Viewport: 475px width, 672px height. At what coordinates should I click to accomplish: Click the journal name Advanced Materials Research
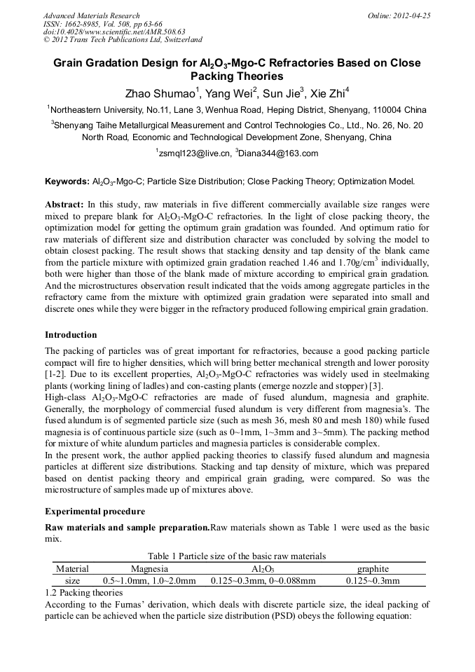pyautogui.click(x=91, y=15)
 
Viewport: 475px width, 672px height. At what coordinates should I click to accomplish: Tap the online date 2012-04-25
pyautogui.click(x=413, y=15)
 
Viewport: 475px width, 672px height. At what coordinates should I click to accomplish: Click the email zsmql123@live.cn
pyautogui.click(x=192, y=153)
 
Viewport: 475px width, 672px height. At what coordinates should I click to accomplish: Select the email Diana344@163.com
pyautogui.click(x=278, y=153)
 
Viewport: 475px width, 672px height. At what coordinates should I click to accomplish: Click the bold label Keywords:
pyautogui.click(x=67, y=181)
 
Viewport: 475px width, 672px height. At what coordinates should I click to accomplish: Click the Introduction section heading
pyautogui.click(x=71, y=335)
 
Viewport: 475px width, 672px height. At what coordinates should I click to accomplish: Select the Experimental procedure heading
pyautogui.click(x=95, y=512)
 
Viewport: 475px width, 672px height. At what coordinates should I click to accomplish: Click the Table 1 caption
pyautogui.click(x=237, y=556)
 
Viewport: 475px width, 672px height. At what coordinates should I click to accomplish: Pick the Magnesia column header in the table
pyautogui.click(x=149, y=568)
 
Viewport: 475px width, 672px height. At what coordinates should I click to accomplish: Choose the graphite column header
pyautogui.click(x=373, y=568)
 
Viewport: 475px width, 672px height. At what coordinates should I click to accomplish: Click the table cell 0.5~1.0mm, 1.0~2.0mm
pyautogui.click(x=149, y=580)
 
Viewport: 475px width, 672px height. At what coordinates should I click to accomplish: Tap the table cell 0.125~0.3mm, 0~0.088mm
pyautogui.click(x=263, y=580)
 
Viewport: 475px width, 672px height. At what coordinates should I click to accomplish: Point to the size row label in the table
pyautogui.click(x=72, y=580)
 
